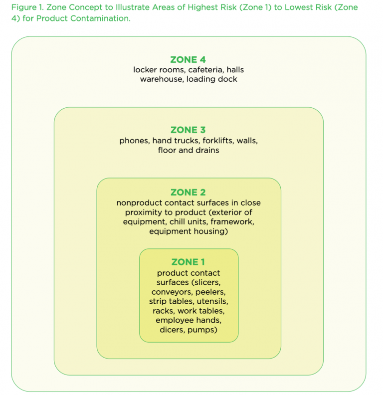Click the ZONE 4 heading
click(x=188, y=60)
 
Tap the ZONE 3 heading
click(x=188, y=130)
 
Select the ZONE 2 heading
click(x=188, y=193)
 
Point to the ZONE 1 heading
click(x=188, y=262)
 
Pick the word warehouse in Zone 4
click(x=162, y=79)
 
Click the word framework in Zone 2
click(x=234, y=222)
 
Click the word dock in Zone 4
click(x=228, y=79)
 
